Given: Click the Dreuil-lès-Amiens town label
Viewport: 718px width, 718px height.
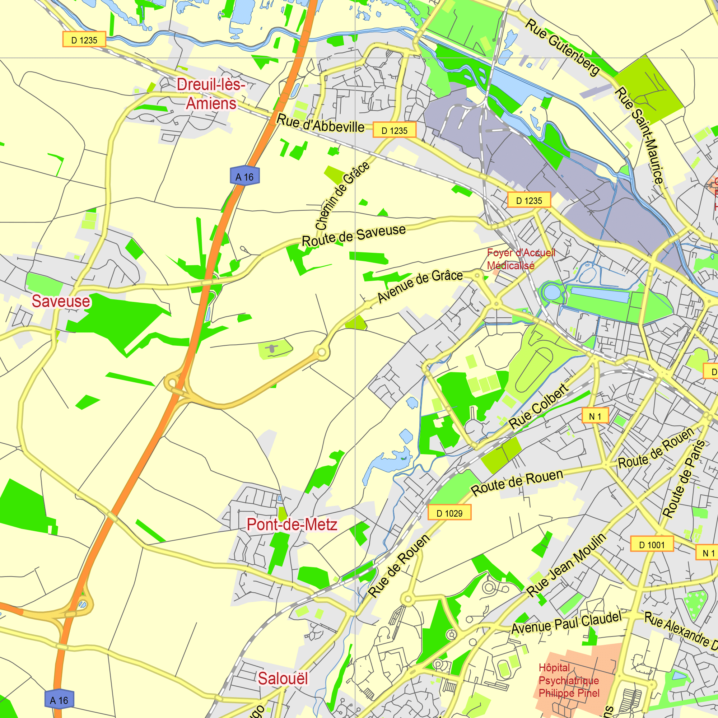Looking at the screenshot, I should click(211, 94).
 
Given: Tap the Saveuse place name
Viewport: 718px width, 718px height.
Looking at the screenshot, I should click(61, 302).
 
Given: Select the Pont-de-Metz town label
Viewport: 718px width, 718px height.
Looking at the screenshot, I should click(292, 525).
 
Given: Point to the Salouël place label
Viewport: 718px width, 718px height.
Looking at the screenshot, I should click(283, 679).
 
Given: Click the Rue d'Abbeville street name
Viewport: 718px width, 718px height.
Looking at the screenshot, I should click(321, 124).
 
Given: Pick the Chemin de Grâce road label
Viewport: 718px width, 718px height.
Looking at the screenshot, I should click(342, 196).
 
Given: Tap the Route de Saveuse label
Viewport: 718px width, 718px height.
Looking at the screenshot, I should click(354, 236).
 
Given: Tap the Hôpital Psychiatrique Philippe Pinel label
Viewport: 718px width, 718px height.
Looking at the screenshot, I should click(569, 680).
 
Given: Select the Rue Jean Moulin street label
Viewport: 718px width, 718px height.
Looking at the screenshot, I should click(566, 565).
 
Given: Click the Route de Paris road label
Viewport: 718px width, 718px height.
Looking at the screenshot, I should click(684, 479).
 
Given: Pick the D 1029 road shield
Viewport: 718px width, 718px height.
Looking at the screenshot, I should click(449, 514).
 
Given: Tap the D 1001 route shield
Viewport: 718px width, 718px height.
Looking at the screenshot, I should click(652, 545).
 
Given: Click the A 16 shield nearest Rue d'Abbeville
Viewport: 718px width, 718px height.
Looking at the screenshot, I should click(244, 177).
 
